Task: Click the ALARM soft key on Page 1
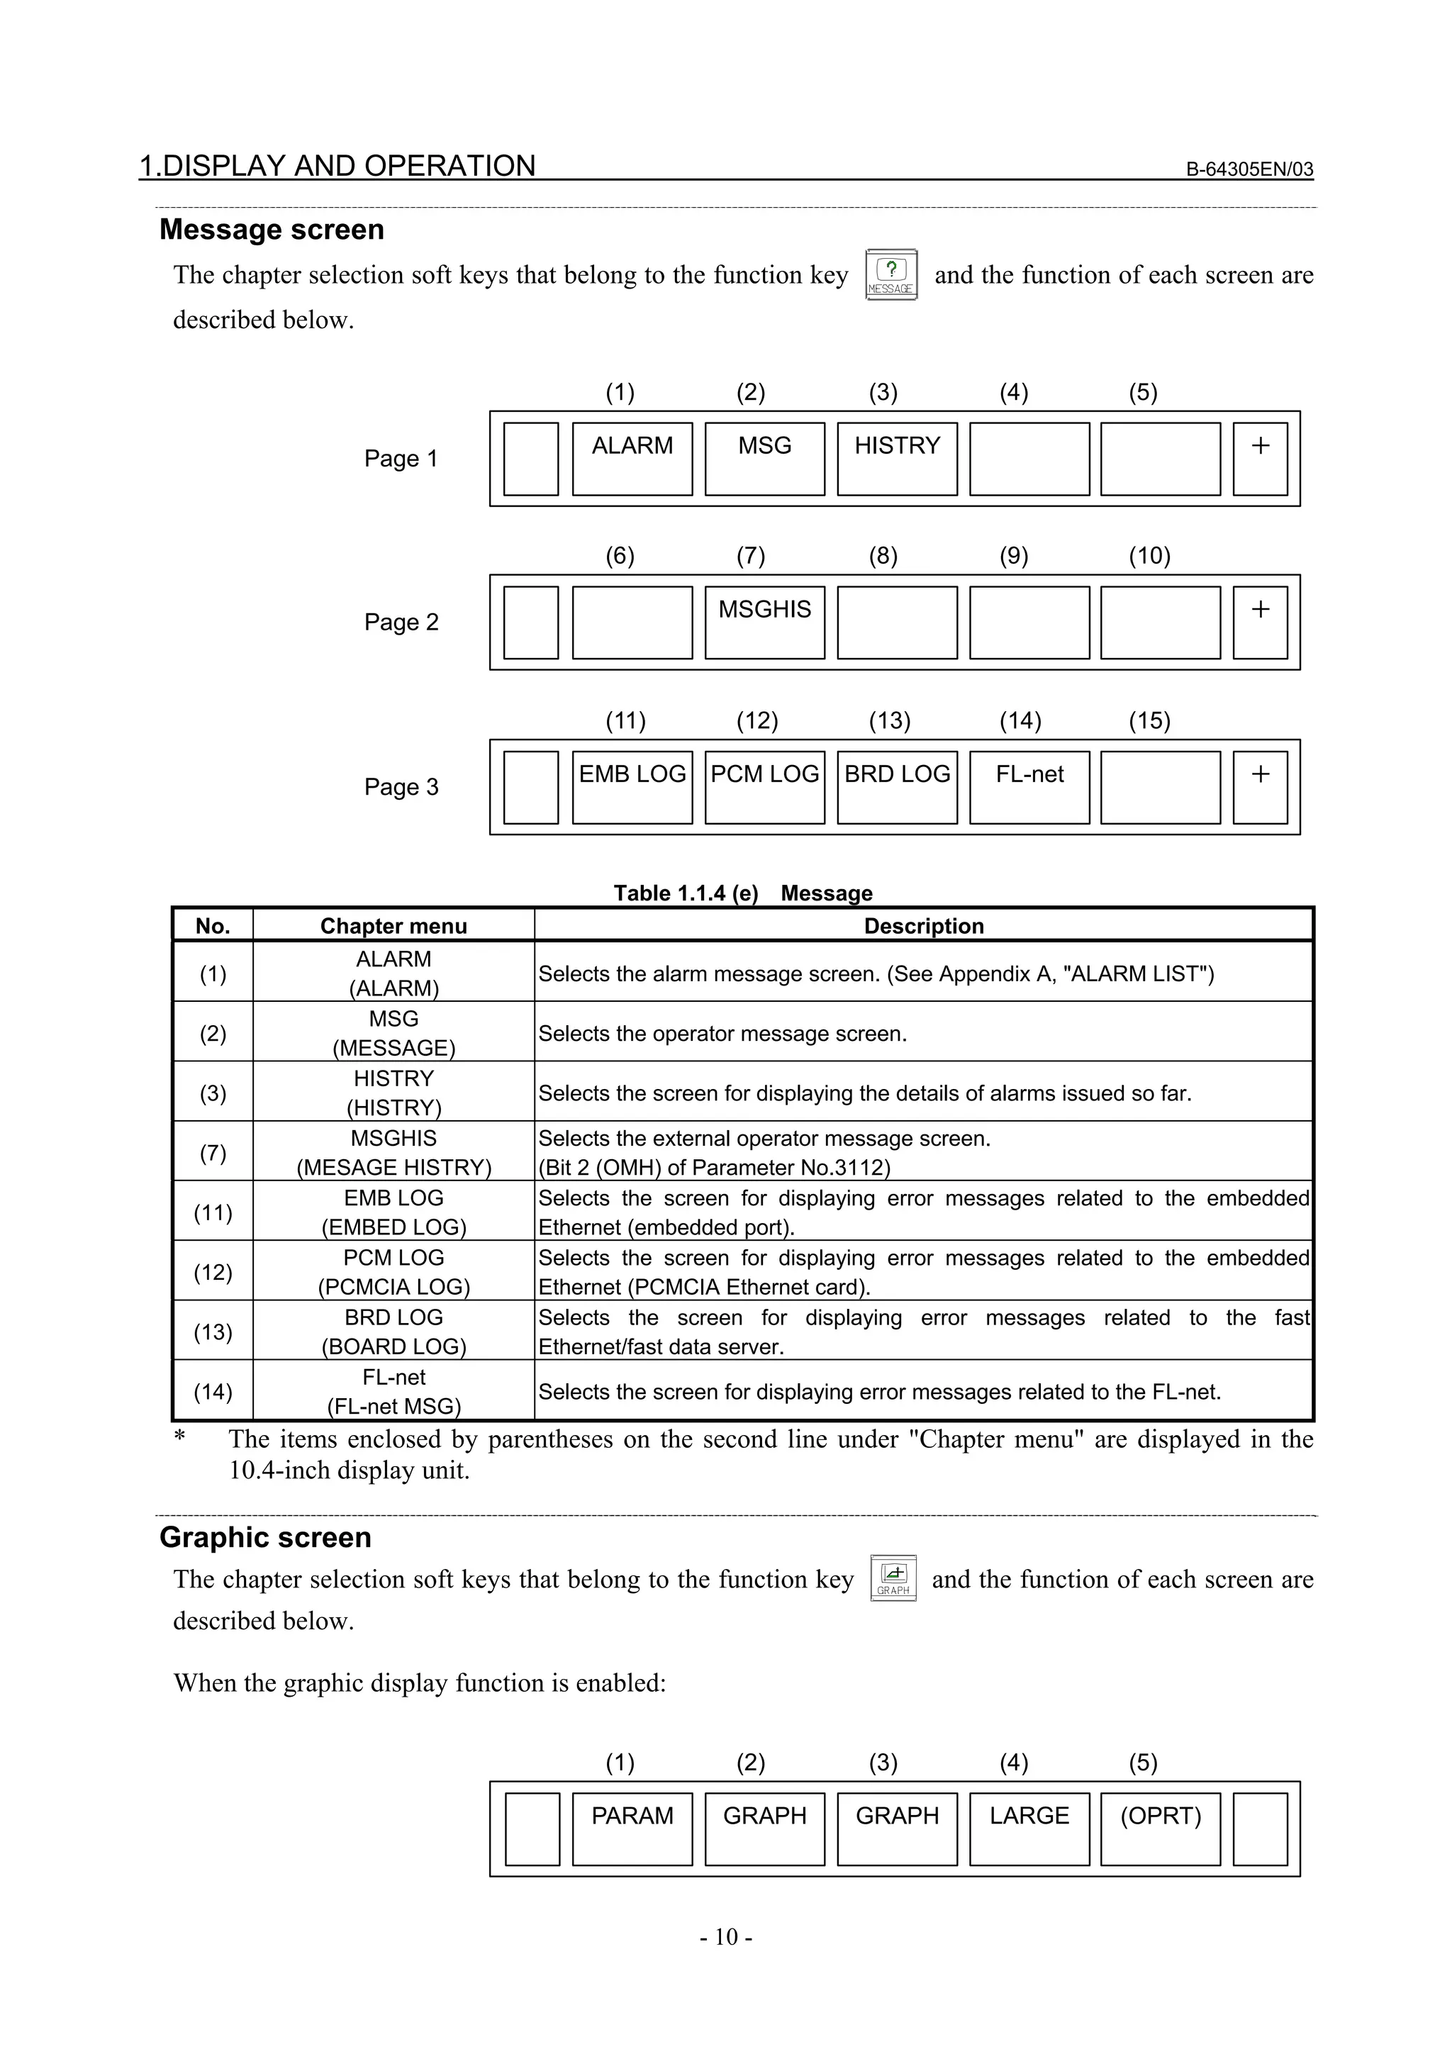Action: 632,458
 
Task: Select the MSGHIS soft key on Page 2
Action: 764,622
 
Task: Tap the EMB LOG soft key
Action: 632,786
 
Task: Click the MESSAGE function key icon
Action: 891,274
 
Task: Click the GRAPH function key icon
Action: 893,1578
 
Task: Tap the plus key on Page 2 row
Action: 1260,622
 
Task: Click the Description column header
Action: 923,926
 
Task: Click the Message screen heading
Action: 272,230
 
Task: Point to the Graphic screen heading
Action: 265,1537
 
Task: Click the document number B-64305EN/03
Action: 1249,169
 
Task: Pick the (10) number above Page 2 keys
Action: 1149,557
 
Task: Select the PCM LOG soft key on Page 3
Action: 764,786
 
